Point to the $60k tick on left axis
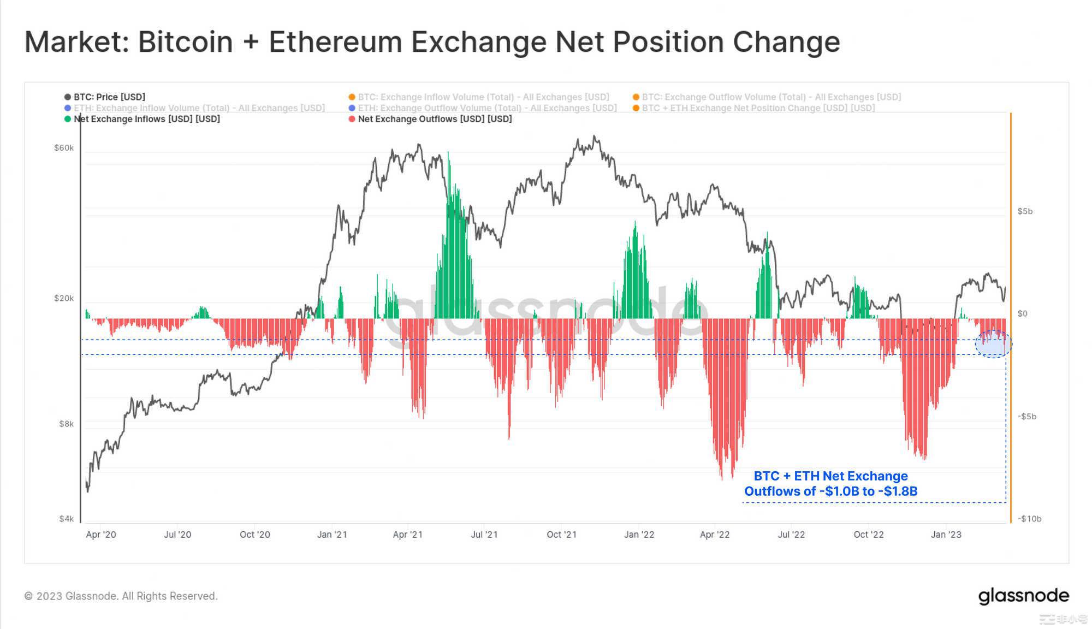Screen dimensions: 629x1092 tap(64, 148)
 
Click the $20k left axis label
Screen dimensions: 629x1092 tap(64, 298)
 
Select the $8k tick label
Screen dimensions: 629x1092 tap(66, 424)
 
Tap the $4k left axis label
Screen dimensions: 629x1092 tap(66, 519)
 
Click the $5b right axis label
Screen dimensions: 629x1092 tap(1025, 211)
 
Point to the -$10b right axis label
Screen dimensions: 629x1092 tap(1029, 519)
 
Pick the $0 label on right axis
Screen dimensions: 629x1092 tap(1023, 313)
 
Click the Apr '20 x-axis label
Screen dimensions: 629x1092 tap(101, 535)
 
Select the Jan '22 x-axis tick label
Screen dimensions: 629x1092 tap(639, 535)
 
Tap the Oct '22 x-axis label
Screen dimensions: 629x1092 tap(868, 535)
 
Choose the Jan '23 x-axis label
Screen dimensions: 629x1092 tap(946, 535)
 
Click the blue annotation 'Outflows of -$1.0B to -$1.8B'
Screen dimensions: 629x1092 tap(830, 491)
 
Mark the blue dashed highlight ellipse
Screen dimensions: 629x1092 tap(993, 344)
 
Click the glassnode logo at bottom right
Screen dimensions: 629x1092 tap(1023, 596)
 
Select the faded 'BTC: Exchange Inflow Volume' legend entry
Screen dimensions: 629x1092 tap(483, 97)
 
